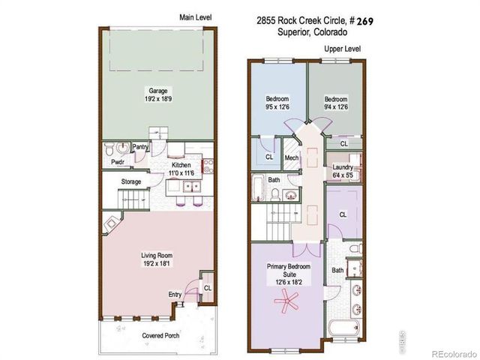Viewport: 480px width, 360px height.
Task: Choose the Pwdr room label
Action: pyautogui.click(x=117, y=161)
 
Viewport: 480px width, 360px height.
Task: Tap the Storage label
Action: pyautogui.click(x=132, y=181)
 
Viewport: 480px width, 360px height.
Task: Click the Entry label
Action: pyautogui.click(x=175, y=294)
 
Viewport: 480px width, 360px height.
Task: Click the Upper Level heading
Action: pyautogui.click(x=342, y=49)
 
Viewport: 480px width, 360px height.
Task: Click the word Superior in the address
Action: pyautogui.click(x=292, y=32)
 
